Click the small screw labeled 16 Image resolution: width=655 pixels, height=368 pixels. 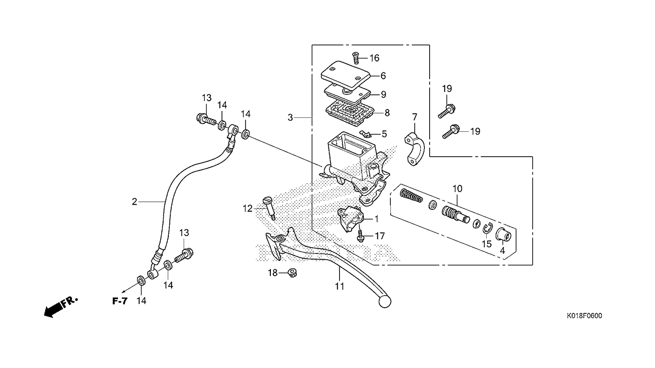356,58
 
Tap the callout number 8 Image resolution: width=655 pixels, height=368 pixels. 387,113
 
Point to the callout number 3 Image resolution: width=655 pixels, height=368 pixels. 290,117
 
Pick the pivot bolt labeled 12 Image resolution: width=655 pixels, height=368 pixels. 269,208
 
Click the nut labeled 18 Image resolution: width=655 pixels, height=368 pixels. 292,273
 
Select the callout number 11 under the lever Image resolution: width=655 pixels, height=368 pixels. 339,287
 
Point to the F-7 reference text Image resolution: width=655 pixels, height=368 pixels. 120,301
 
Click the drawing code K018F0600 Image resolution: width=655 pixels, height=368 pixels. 584,316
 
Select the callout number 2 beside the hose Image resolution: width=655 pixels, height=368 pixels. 134,202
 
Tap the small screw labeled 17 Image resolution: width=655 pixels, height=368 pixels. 361,236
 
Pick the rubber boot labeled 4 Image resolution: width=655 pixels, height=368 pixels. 503,234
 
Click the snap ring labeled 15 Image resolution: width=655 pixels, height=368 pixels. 488,228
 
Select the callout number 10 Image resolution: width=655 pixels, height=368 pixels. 457,189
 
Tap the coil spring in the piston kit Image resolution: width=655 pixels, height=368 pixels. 411,195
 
